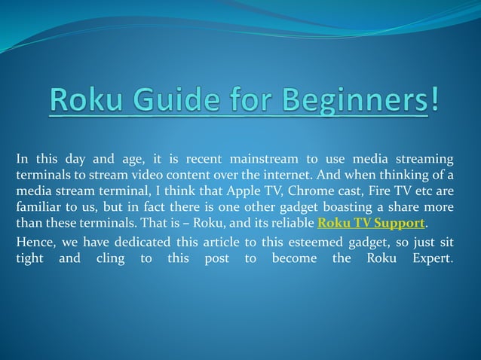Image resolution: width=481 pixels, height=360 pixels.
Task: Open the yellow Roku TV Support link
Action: coord(372,224)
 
